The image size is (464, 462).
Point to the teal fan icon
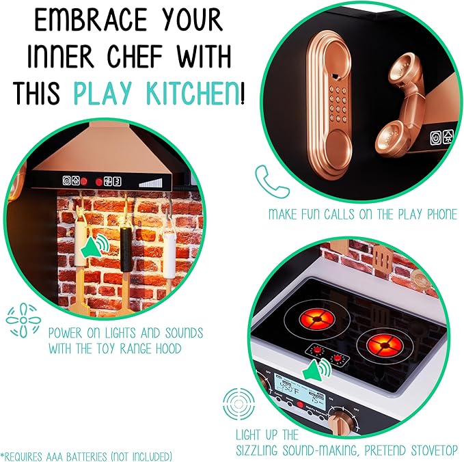click(20, 320)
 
